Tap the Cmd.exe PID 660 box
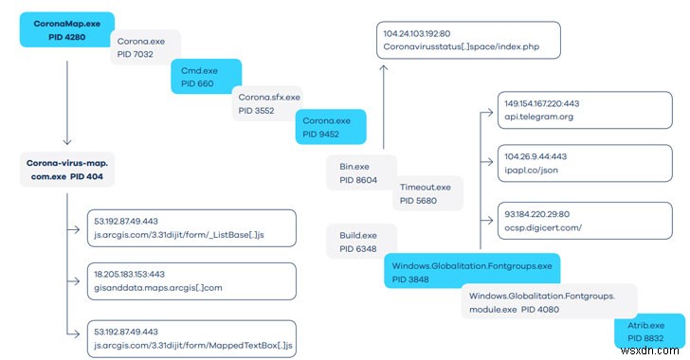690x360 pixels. point(205,77)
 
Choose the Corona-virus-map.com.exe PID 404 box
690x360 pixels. point(68,171)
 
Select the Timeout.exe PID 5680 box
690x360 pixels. point(427,193)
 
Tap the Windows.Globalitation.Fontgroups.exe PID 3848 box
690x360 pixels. point(471,269)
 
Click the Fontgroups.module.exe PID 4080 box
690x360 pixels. point(536,304)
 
